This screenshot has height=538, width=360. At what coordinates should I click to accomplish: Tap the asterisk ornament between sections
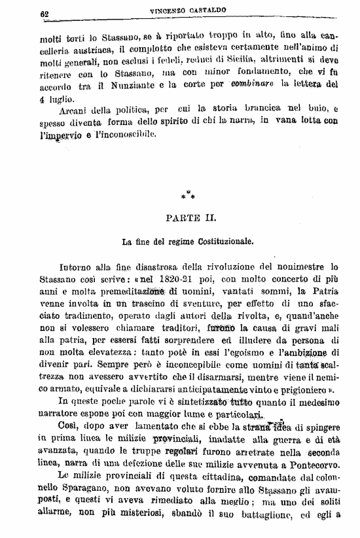tap(189, 194)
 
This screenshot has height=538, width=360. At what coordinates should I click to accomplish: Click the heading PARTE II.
tap(189, 216)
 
